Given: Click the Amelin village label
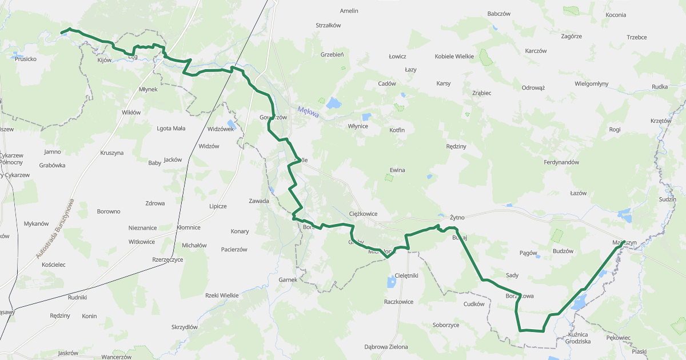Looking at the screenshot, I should tap(349, 11).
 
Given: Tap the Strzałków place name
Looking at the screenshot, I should tap(328, 25).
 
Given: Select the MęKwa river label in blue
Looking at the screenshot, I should tap(308, 112).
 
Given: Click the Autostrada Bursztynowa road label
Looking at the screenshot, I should tap(55, 229).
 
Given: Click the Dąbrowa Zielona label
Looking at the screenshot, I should tap(386, 347).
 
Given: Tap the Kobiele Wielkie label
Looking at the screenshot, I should tap(454, 57).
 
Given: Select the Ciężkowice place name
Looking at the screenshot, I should tap(363, 214).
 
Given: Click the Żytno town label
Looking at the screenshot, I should tap(457, 218).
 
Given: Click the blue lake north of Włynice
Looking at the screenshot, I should tap(333, 103).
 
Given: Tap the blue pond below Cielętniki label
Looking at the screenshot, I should tap(392, 282).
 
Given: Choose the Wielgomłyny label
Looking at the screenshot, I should tap(591, 84).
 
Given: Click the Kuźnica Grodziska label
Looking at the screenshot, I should tap(580, 337).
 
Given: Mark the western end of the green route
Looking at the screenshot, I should tap(62, 33).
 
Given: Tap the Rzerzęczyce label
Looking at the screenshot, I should tap(167, 259).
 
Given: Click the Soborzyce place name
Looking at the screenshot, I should tap(446, 325).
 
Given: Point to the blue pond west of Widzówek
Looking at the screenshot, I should tap(230, 123).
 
